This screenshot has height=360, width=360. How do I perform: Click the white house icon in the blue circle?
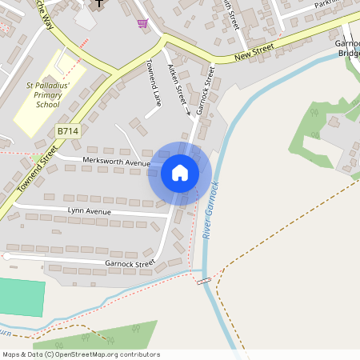pyautogui.click(x=180, y=172)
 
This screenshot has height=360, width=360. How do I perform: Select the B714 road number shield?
pyautogui.click(x=68, y=130)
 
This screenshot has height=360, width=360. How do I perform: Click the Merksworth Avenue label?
pyautogui.click(x=116, y=162)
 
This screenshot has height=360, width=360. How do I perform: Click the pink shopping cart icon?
pyautogui.click(x=142, y=23)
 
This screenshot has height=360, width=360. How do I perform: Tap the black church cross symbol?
pyautogui.click(x=99, y=4)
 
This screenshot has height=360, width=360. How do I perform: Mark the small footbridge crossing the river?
pyautogui.click(x=204, y=281)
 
